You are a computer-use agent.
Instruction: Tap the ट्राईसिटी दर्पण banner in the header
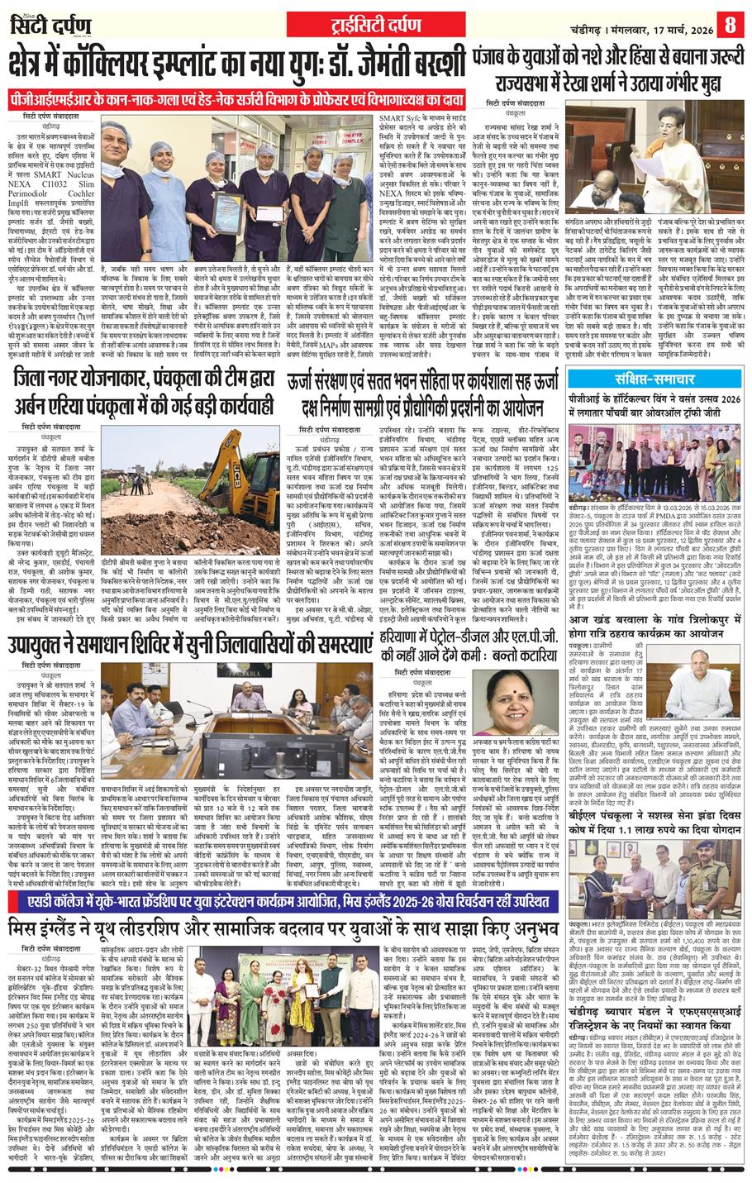376,22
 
